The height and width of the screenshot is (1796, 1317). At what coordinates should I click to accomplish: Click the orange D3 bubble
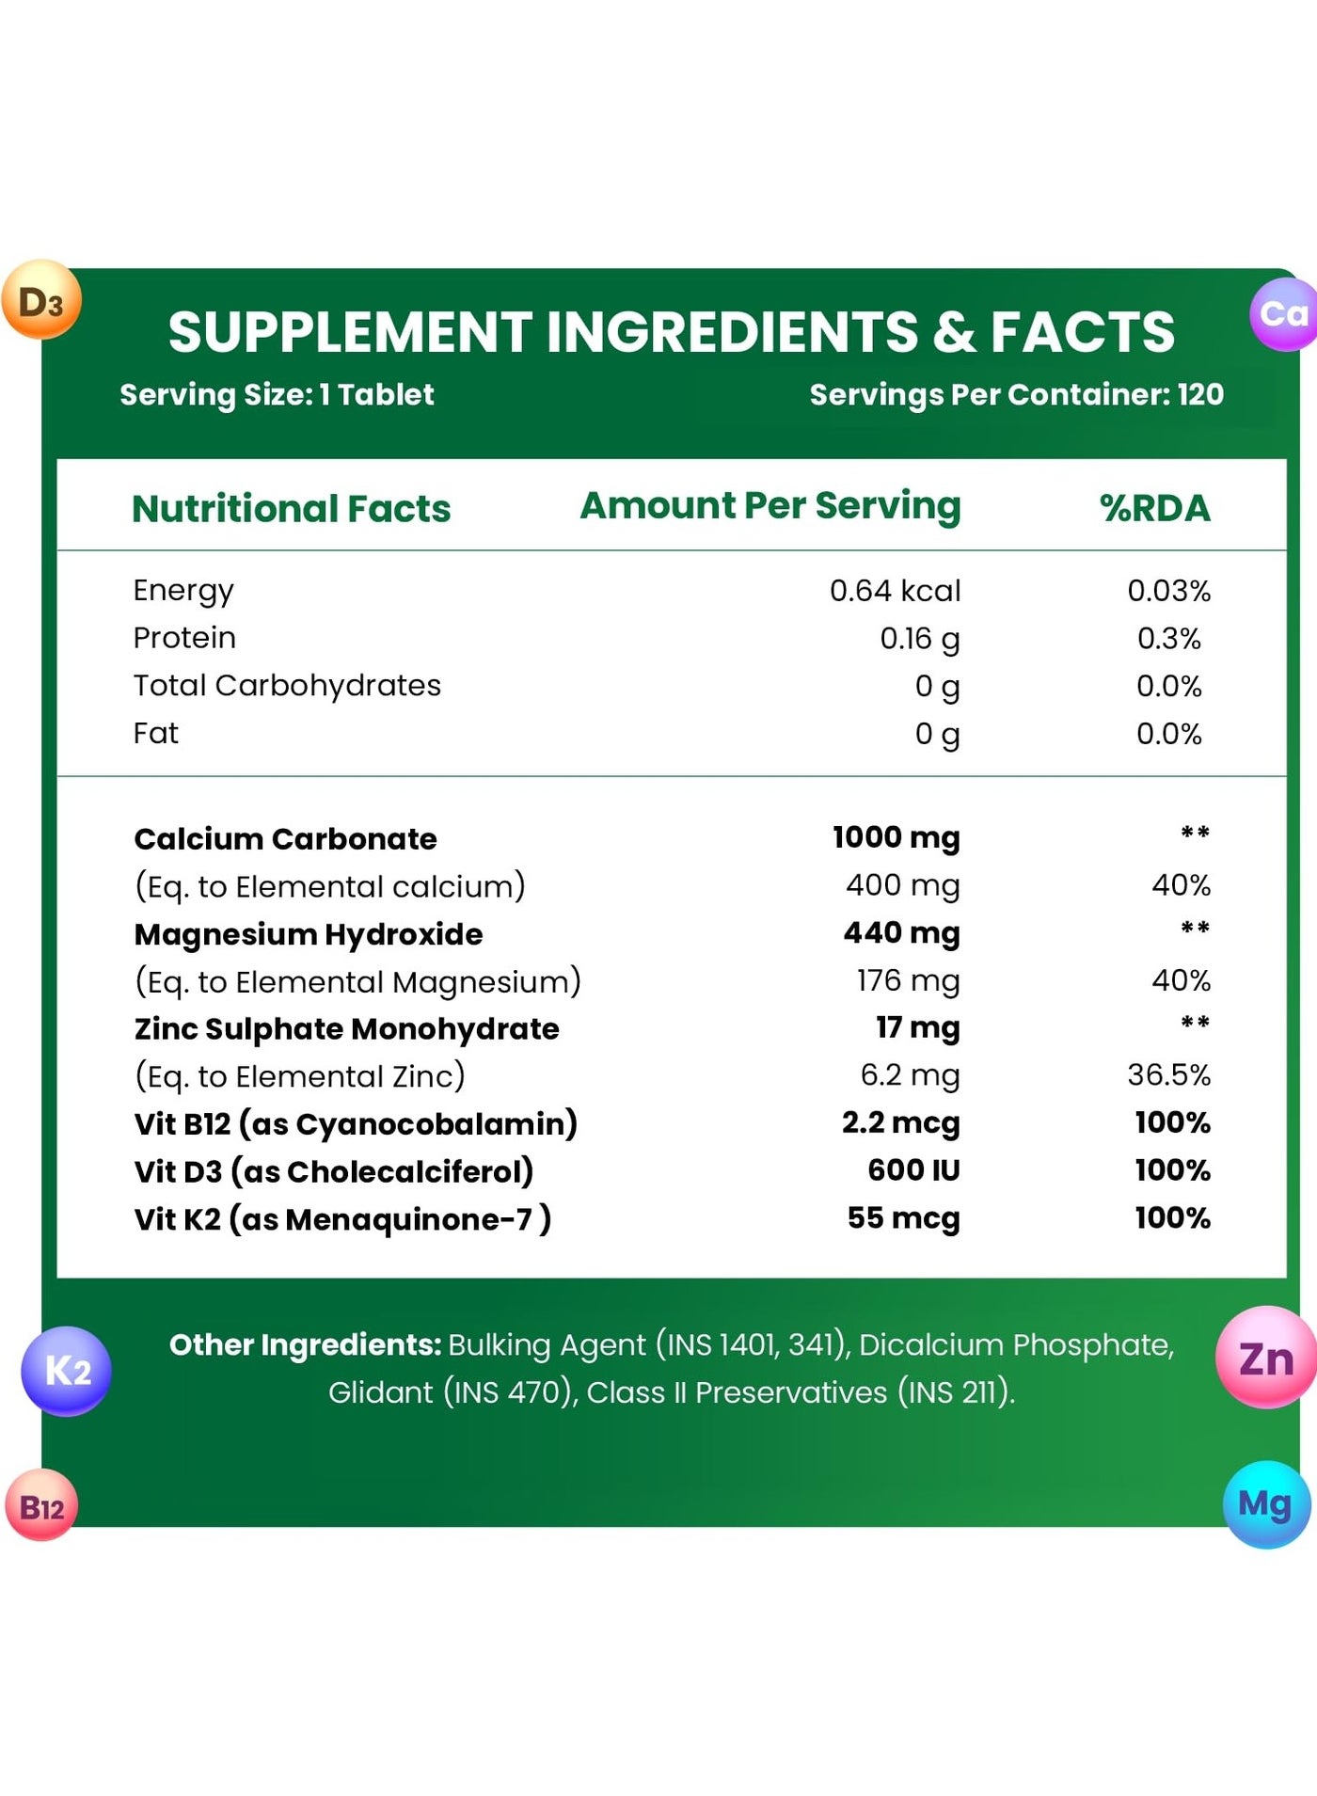(41, 300)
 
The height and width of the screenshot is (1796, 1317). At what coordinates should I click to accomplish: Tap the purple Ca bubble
(1283, 314)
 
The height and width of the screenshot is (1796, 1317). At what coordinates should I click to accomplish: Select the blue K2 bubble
(66, 1371)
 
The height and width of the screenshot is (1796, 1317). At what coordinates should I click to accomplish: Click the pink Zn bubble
(1267, 1357)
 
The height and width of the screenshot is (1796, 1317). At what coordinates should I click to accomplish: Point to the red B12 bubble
(41, 1504)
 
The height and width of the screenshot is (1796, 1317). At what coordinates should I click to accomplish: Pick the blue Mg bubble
(1267, 1504)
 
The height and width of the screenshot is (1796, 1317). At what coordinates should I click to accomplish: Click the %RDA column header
(1155, 508)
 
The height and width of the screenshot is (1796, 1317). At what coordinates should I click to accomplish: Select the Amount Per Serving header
(770, 506)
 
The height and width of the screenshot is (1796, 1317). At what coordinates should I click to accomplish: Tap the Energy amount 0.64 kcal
(895, 591)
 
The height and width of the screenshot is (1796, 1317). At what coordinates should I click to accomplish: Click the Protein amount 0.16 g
(920, 639)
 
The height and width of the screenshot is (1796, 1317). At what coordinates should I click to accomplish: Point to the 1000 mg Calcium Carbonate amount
(897, 837)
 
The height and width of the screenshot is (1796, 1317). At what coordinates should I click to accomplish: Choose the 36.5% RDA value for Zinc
(1169, 1074)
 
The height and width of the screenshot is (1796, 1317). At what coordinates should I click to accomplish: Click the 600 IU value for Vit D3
(913, 1170)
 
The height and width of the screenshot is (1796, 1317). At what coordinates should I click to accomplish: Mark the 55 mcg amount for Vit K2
(903, 1218)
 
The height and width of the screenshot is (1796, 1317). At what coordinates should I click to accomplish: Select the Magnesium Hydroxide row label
(309, 934)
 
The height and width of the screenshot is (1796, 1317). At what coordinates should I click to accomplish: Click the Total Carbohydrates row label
(287, 686)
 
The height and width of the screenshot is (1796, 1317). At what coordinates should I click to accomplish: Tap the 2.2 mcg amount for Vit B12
(901, 1122)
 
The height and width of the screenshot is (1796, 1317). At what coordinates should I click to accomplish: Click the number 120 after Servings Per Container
(1200, 394)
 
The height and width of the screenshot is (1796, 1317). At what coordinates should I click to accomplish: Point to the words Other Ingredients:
(306, 1345)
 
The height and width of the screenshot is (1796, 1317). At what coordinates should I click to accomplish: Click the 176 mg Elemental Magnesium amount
(908, 981)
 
